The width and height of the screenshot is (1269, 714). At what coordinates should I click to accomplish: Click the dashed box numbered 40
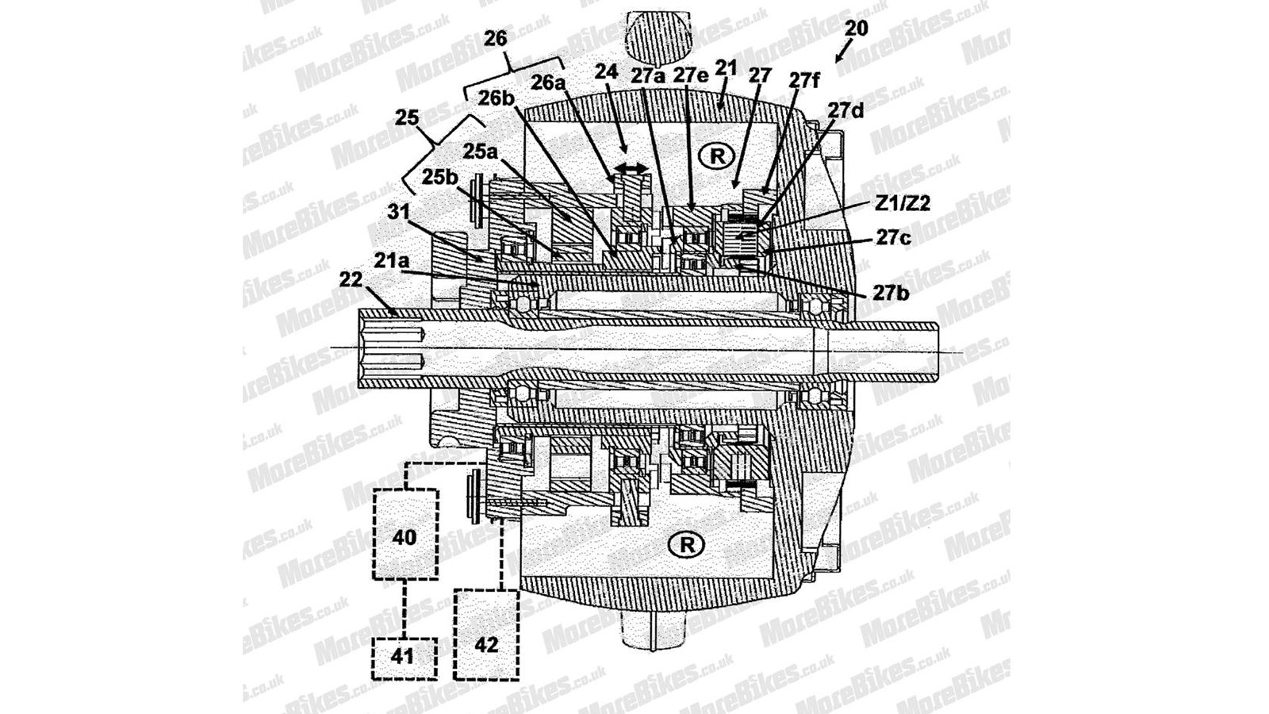coord(405,535)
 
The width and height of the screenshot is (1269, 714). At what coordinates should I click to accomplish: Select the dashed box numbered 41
coord(404,658)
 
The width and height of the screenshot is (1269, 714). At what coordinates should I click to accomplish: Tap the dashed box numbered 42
coord(487,634)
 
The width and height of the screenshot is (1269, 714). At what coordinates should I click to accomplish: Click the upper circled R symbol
coord(717,155)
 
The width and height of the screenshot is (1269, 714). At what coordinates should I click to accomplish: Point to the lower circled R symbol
coord(687,545)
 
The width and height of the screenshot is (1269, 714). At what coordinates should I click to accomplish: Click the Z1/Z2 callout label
coord(903,204)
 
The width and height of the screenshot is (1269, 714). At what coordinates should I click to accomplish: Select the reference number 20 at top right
coord(856,29)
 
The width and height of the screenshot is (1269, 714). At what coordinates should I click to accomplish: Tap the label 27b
coord(891,294)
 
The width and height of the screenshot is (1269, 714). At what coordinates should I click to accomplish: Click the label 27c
coord(893,239)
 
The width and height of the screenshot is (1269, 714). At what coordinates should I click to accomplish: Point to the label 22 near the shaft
coord(351,279)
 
